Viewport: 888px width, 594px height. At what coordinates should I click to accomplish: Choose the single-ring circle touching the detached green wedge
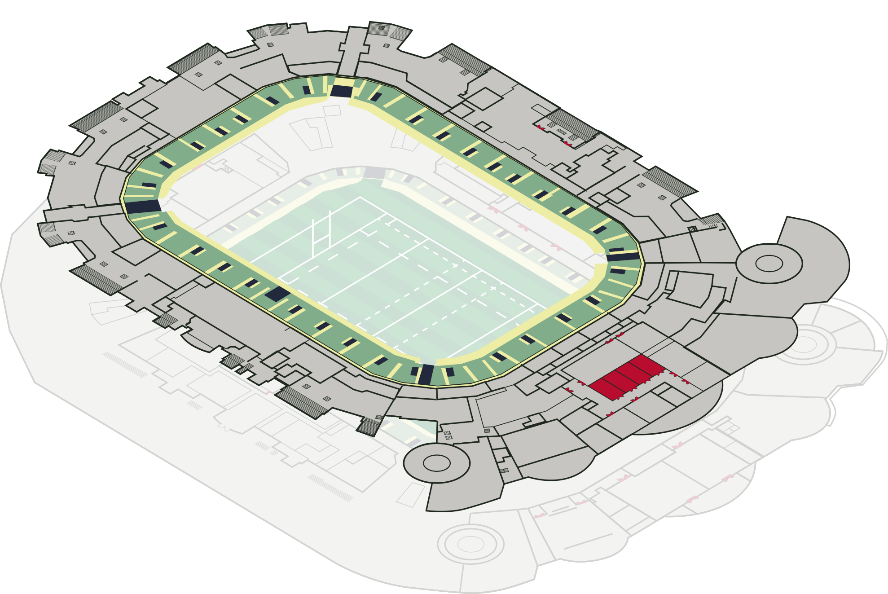[x=436, y=463]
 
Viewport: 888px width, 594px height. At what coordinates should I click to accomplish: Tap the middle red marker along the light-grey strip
[x=523, y=227]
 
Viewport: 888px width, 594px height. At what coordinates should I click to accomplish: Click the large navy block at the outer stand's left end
[x=143, y=207]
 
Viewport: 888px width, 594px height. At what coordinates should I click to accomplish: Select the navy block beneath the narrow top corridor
[x=341, y=91]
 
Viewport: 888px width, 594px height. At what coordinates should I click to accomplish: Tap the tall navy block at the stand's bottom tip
[x=426, y=374]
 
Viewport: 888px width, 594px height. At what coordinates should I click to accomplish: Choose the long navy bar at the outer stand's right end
[x=623, y=257]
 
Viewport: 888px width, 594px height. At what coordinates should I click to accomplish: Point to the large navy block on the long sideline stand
[x=277, y=294]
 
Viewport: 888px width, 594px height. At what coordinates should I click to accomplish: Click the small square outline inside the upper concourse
[x=332, y=110]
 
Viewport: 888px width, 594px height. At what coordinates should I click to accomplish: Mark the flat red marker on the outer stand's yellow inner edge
[x=198, y=167]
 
